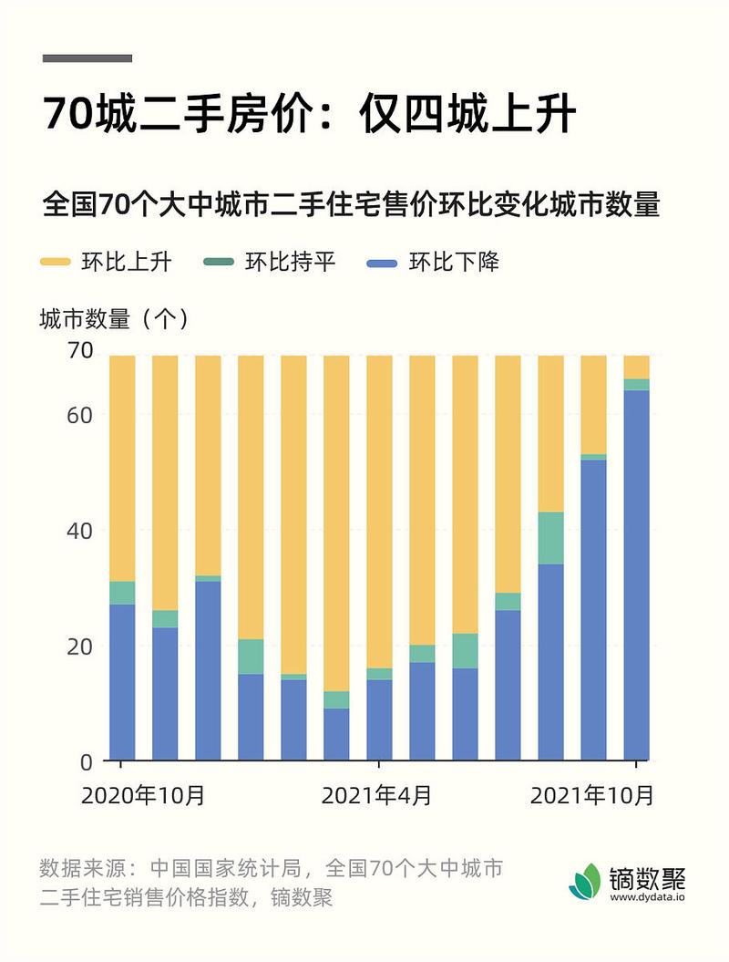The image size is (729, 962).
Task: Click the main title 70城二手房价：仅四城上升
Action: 309,116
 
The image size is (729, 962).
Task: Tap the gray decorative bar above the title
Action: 87,58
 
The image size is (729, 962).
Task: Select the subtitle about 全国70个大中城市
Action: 351,203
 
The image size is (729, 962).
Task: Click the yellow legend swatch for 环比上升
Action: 55,263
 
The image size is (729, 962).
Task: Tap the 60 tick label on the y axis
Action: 81,415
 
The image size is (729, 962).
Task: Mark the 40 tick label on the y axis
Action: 81,531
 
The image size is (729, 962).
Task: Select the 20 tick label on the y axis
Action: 81,647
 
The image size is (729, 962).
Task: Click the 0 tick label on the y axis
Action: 87,761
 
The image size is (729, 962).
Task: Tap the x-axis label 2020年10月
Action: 143,795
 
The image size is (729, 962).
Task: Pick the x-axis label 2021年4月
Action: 377,795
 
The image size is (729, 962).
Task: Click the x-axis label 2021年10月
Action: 592,795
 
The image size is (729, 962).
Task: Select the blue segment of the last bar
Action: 636,574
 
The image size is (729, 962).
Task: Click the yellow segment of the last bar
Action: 636,367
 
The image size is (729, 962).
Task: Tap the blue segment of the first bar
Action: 122,682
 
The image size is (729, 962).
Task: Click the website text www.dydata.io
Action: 648,897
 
